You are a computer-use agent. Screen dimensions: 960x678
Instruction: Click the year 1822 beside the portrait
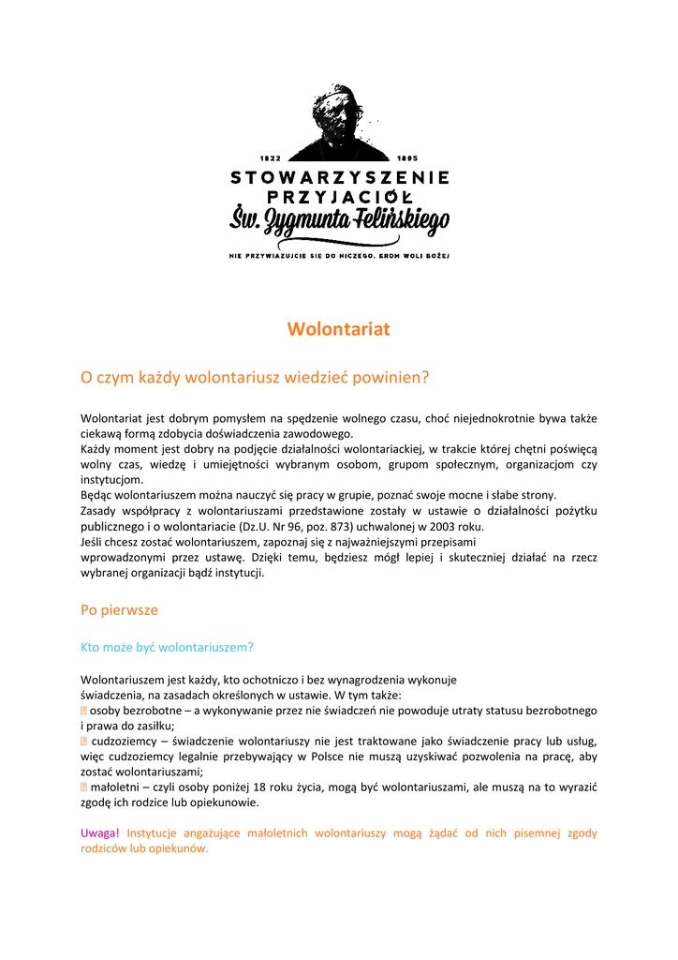(x=270, y=157)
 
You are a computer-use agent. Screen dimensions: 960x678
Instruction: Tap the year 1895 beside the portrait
(x=407, y=157)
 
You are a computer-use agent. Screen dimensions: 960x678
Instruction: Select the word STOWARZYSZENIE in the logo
(x=339, y=176)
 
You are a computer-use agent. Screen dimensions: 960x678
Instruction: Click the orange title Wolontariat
(x=338, y=329)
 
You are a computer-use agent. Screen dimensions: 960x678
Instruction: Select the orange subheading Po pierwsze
(x=119, y=610)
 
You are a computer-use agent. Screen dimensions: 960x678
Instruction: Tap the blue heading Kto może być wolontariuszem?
(x=167, y=647)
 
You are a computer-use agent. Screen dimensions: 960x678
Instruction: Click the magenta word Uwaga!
(x=100, y=833)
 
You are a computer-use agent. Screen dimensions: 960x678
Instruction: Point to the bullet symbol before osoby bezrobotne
(x=84, y=711)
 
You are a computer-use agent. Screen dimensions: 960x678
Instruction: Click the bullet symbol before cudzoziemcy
(x=84, y=742)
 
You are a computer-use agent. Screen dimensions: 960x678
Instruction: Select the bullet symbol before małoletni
(x=84, y=787)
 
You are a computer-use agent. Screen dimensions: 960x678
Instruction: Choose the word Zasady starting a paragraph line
(x=99, y=511)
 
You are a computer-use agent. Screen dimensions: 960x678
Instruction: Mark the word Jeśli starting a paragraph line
(x=94, y=542)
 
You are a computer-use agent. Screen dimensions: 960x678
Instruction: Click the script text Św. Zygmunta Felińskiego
(x=339, y=222)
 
